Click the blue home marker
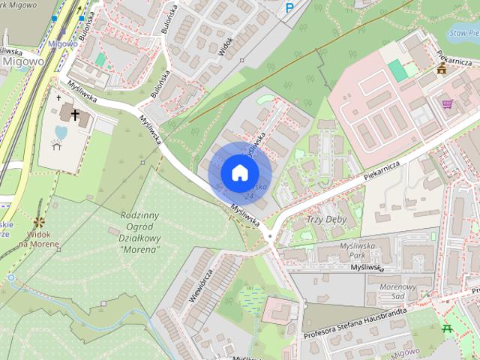pos(239,172)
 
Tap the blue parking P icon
pos(290,9)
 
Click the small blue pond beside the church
pos(60,133)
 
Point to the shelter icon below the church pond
pos(58,145)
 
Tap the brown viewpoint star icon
pos(39,223)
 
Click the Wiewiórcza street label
pos(200,284)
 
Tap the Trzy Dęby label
pos(324,220)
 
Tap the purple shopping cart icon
pos(447,103)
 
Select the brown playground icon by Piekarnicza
pos(442,70)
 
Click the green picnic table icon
pos(448,328)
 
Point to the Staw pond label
pos(463,34)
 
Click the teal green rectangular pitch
pos(397,70)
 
